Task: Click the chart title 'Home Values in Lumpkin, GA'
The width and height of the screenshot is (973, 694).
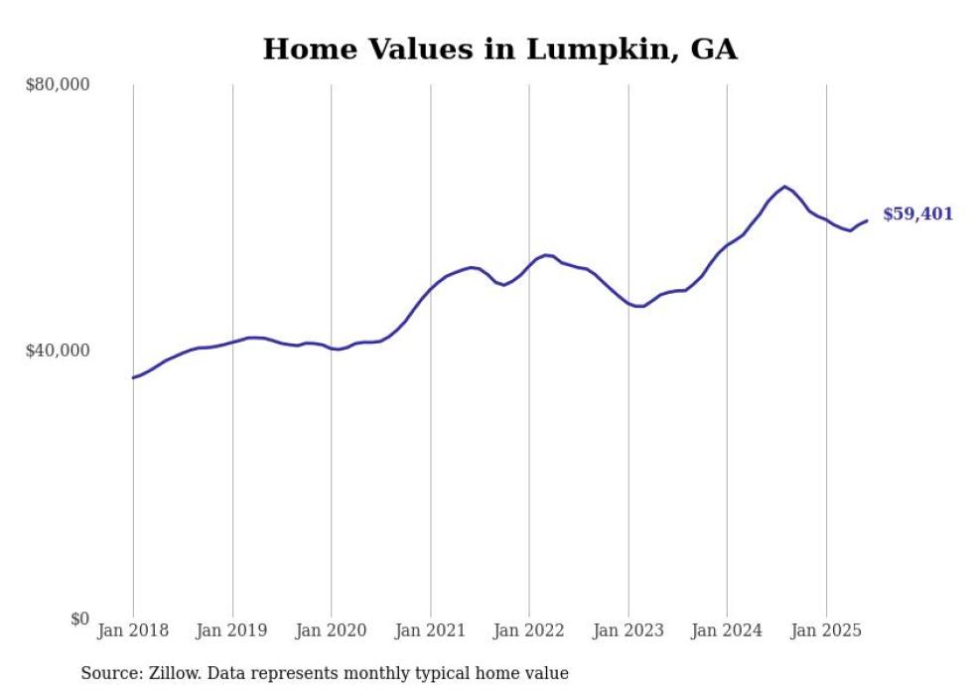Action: pyautogui.click(x=499, y=49)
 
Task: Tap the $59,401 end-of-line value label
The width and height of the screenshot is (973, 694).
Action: pyautogui.click(x=917, y=213)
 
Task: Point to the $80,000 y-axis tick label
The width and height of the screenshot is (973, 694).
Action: pyautogui.click(x=57, y=84)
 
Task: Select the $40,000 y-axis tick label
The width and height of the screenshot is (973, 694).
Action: pyautogui.click(x=57, y=350)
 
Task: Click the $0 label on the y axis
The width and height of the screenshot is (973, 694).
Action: pyautogui.click(x=77, y=619)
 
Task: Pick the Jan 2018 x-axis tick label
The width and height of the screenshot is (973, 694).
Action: pyautogui.click(x=133, y=629)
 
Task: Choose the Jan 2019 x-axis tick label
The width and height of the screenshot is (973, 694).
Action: pyautogui.click(x=232, y=629)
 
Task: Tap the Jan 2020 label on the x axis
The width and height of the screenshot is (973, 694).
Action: pyautogui.click(x=331, y=629)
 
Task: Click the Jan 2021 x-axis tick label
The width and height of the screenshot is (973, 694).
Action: pyautogui.click(x=430, y=629)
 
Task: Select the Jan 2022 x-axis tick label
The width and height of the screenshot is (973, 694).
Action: pyautogui.click(x=529, y=629)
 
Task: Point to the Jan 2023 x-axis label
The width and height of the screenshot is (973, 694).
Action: pyautogui.click(x=627, y=629)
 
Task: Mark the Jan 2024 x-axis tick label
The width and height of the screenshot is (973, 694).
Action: pyautogui.click(x=727, y=629)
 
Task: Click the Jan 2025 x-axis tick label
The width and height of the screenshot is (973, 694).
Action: pyautogui.click(x=826, y=629)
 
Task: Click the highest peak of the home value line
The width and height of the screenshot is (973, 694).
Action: pyautogui.click(x=784, y=187)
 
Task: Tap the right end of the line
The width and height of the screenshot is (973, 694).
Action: pyautogui.click(x=867, y=220)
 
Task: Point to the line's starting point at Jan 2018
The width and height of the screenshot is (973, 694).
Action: pyautogui.click(x=133, y=377)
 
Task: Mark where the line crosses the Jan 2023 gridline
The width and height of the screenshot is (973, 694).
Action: pyautogui.click(x=627, y=303)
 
